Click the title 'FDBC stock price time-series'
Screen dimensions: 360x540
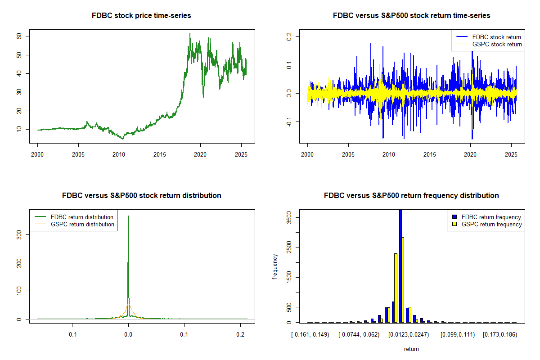[141, 16]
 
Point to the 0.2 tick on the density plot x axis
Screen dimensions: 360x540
[241, 334]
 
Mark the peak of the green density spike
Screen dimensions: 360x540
[128, 216]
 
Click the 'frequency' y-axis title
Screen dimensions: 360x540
[275, 267]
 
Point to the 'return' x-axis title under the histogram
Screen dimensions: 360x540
[411, 349]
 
